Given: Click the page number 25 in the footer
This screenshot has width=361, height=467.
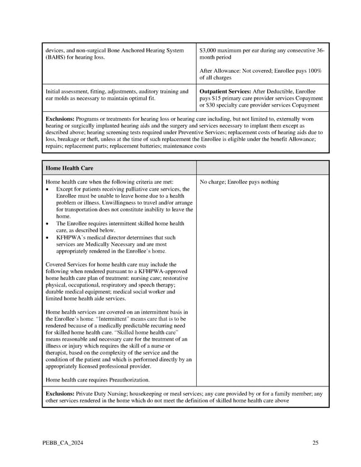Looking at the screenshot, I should click(x=315, y=444).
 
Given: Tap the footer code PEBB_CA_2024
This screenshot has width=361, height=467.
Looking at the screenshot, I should click(x=63, y=444).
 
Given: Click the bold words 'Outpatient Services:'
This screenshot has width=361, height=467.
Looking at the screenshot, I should click(x=225, y=91).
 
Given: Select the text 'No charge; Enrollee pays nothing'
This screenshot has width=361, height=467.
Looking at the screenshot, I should click(x=239, y=182).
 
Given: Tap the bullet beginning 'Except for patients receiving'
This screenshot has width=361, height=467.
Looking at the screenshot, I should click(x=48, y=189).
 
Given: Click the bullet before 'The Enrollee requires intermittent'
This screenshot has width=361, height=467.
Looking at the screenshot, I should click(x=48, y=223).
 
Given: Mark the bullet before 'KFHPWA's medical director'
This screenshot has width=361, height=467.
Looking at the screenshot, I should click(x=48, y=237).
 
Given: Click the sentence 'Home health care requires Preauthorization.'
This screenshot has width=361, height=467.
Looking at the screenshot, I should click(x=97, y=380).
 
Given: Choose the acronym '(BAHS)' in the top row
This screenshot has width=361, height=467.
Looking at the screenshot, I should click(x=57, y=58).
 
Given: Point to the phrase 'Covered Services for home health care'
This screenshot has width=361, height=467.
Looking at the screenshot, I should click(x=96, y=264).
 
